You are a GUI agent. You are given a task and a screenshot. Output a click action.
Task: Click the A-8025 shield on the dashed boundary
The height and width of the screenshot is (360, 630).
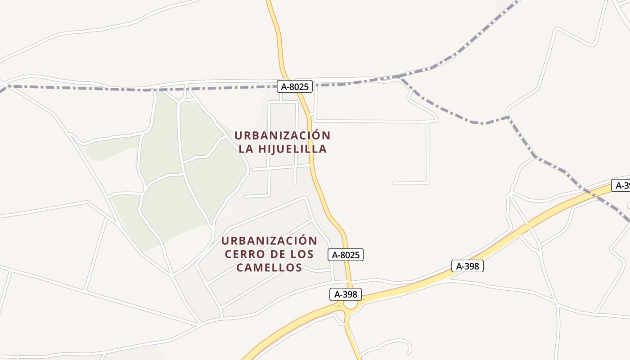click(x=294, y=86)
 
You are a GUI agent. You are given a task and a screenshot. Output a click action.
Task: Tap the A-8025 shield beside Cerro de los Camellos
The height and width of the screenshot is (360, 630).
click(x=346, y=255)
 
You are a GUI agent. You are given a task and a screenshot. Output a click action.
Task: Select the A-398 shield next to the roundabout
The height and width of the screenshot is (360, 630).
click(x=346, y=294)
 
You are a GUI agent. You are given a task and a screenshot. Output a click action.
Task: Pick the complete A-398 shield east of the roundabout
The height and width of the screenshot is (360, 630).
click(x=468, y=266)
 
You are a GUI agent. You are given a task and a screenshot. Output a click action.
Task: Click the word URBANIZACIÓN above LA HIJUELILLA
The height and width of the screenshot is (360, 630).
click(x=282, y=135)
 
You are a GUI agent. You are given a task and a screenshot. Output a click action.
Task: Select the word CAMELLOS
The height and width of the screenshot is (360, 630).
click(x=269, y=268)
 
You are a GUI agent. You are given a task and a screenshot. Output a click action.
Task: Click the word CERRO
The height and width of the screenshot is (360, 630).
click(x=242, y=254)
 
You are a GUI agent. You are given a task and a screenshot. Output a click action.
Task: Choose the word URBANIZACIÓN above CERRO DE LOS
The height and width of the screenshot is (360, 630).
click(x=269, y=241)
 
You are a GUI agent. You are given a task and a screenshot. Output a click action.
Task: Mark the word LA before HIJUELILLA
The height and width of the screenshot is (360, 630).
click(x=246, y=149)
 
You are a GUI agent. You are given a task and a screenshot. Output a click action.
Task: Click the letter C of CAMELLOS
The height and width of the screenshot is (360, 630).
click(x=240, y=268)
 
